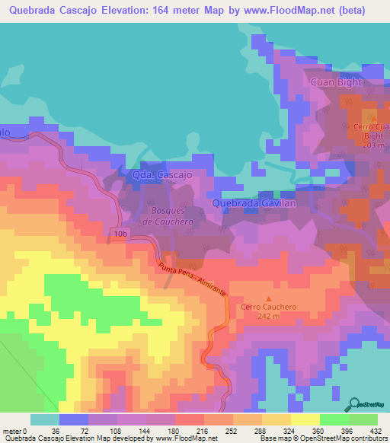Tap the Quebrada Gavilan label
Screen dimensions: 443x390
(254, 203)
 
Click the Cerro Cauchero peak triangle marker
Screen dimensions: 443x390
(267, 298)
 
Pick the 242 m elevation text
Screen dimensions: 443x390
(267, 317)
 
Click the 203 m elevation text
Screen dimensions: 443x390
(372, 145)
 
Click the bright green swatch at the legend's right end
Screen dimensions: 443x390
(363, 419)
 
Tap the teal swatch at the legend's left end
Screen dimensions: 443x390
(45, 419)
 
